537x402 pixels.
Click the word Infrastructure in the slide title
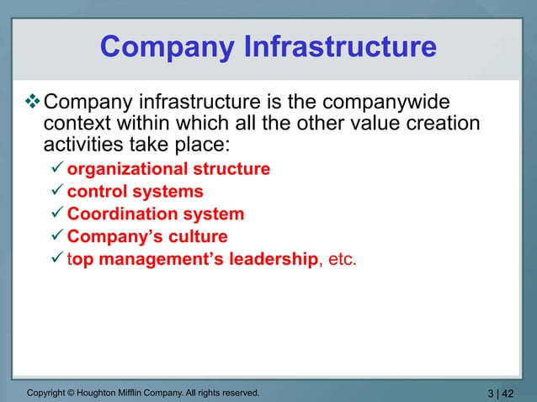click(340, 46)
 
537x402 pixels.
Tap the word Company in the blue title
click(167, 46)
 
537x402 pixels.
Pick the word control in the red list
click(94, 192)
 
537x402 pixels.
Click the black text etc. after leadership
click(341, 260)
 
